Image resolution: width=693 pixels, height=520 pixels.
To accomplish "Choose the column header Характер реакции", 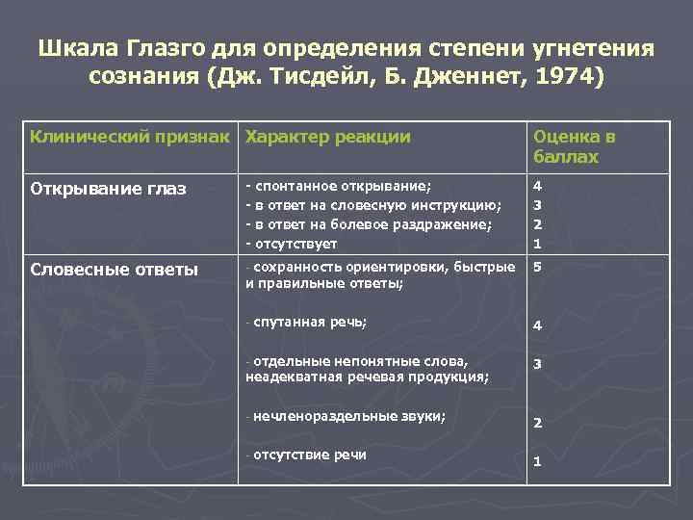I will tap(328, 137).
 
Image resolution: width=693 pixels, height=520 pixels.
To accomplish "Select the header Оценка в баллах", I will tap(575, 146).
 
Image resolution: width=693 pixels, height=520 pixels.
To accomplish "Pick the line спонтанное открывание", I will tap(342, 186).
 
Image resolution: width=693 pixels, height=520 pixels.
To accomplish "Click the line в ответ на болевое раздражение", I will tap(372, 224).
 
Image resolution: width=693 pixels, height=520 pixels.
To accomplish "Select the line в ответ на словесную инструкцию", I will tap(375, 205).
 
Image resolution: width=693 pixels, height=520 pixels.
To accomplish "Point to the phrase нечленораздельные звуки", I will tap(350, 416).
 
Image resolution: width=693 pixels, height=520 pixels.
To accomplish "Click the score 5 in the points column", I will tap(538, 268).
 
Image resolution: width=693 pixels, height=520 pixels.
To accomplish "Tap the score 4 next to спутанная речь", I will tap(538, 325).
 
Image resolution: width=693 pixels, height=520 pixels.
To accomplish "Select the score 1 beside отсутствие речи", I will tap(538, 462).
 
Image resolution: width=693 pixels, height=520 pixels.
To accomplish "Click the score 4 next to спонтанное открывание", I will tap(538, 186).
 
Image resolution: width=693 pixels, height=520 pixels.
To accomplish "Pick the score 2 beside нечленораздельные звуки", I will tap(538, 423).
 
